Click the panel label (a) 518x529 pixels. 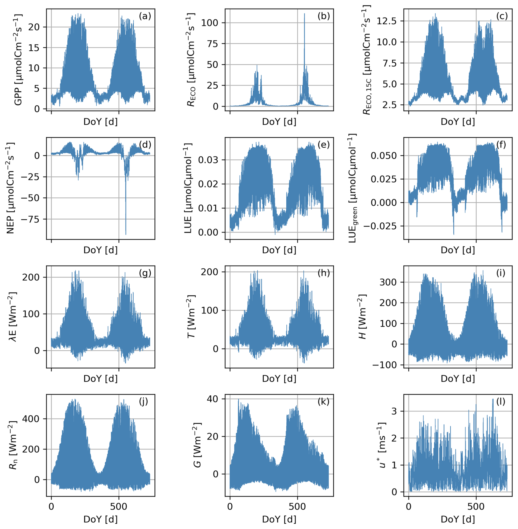pyautogui.click(x=145, y=16)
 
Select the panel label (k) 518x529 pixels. pyautogui.click(x=323, y=402)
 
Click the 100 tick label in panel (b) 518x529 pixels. pyautogui.click(x=210, y=23)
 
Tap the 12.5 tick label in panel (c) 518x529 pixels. pyautogui.click(x=386, y=21)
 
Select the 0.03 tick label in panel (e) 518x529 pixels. pyautogui.click(x=208, y=160)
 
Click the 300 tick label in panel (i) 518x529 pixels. pyautogui.click(x=387, y=282)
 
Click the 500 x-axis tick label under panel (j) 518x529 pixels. pyautogui.click(x=119, y=507)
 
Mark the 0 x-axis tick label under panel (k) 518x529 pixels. pyautogui.click(x=230, y=507)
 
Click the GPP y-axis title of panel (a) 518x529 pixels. pyautogui.click(x=18, y=59)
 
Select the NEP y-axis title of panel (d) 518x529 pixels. pyautogui.click(x=10, y=188)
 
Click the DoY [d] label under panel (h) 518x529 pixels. pyautogui.click(x=279, y=379)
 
